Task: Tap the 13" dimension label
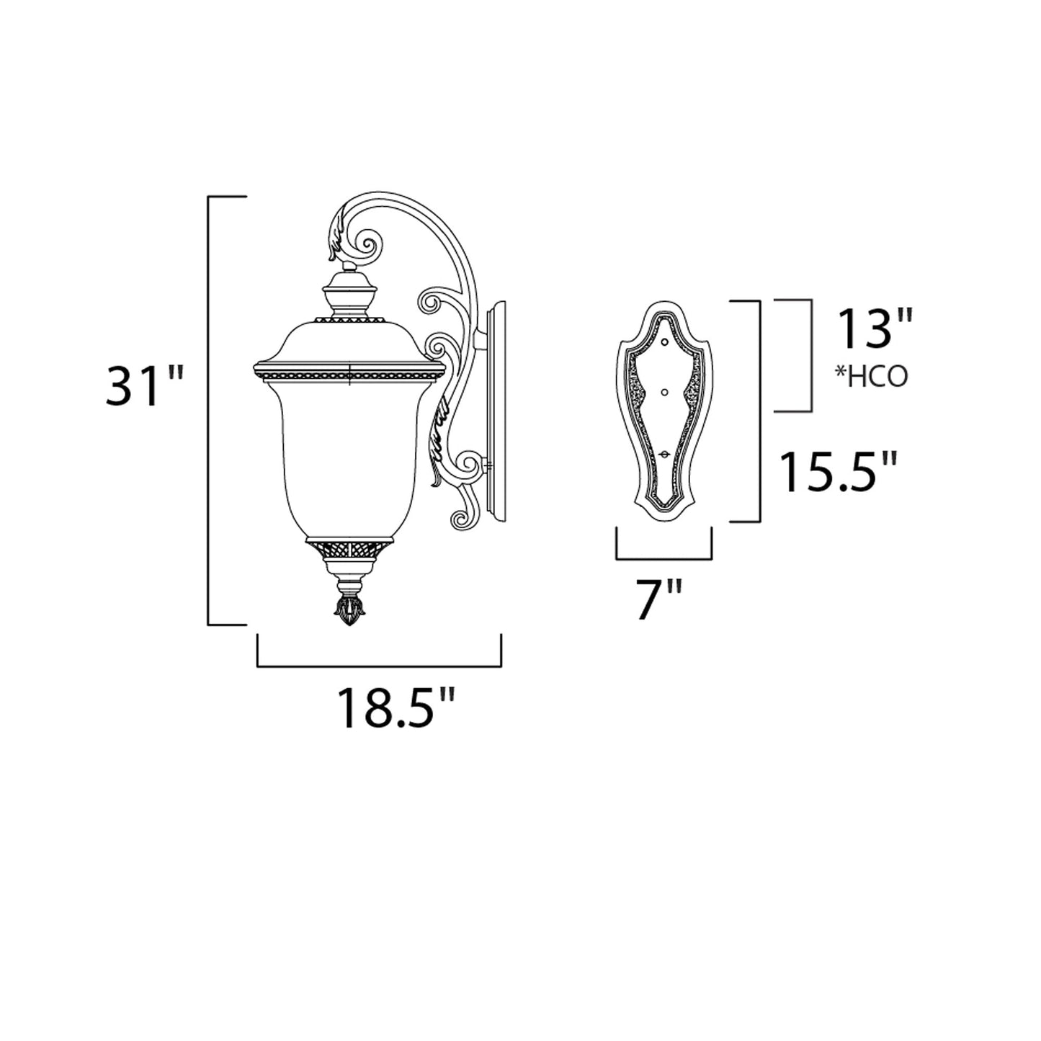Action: point(874,330)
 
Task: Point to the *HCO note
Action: point(872,376)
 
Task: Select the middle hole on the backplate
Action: point(665,392)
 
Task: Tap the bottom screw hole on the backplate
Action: point(665,454)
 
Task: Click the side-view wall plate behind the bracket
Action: point(497,411)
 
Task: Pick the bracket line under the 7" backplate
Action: point(664,558)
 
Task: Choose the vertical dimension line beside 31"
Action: point(209,411)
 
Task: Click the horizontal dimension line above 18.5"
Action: point(379,666)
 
